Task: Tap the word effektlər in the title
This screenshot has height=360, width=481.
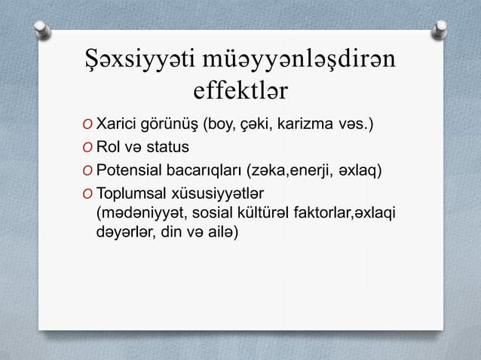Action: [x=240, y=91]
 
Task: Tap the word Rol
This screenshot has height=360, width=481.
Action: [x=109, y=146]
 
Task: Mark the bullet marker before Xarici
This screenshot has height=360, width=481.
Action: [x=89, y=124]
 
